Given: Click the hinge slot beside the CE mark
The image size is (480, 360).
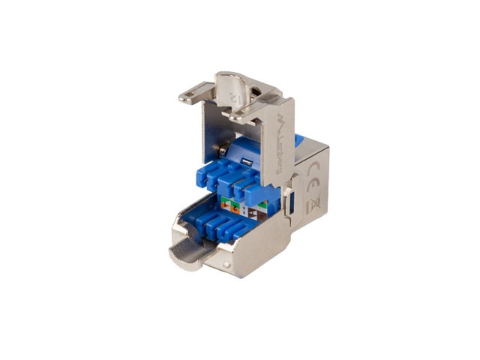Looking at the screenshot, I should (288, 201).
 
